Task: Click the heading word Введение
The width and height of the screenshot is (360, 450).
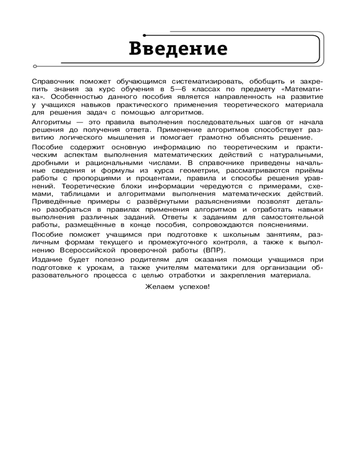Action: (178, 49)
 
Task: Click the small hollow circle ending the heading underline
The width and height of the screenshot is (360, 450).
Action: (35, 67)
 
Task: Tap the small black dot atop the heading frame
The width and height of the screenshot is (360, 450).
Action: (144, 35)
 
